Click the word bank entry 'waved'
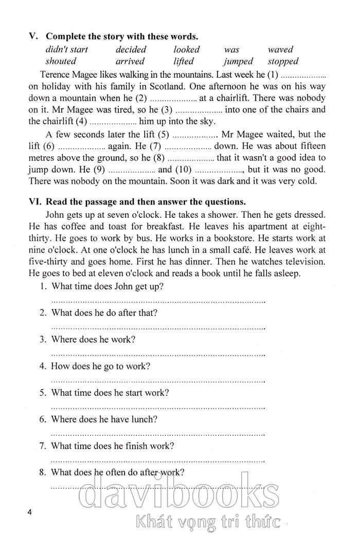tap(280, 50)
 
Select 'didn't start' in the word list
tap(67, 50)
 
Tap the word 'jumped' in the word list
tap(238, 62)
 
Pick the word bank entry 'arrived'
tap(130, 62)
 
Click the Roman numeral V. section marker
tap(34, 36)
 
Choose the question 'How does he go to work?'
tap(101, 366)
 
